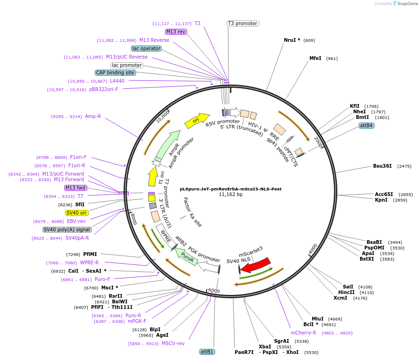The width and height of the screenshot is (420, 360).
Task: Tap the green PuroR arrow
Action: [x=188, y=256]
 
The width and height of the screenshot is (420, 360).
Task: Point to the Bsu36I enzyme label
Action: [x=382, y=166]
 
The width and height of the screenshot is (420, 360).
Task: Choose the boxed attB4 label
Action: [x=366, y=125]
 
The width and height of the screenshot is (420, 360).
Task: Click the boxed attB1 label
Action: [x=207, y=352]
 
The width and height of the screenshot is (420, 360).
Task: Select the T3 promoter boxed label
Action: [x=243, y=23]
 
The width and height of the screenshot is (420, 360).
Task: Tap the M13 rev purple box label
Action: [x=176, y=32]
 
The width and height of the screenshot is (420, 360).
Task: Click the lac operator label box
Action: [x=146, y=48]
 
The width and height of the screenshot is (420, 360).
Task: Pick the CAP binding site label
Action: [x=115, y=72]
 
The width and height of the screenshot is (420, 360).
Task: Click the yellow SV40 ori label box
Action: [x=77, y=213]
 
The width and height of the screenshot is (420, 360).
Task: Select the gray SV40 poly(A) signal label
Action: [x=67, y=229]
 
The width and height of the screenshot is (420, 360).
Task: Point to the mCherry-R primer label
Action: [x=303, y=333]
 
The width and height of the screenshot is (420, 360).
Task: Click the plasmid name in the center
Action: [x=230, y=189]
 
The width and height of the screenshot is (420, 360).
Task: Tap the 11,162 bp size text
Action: [x=230, y=195]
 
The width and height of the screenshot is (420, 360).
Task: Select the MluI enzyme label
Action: [x=317, y=319]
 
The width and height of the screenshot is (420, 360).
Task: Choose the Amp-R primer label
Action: [x=92, y=116]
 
